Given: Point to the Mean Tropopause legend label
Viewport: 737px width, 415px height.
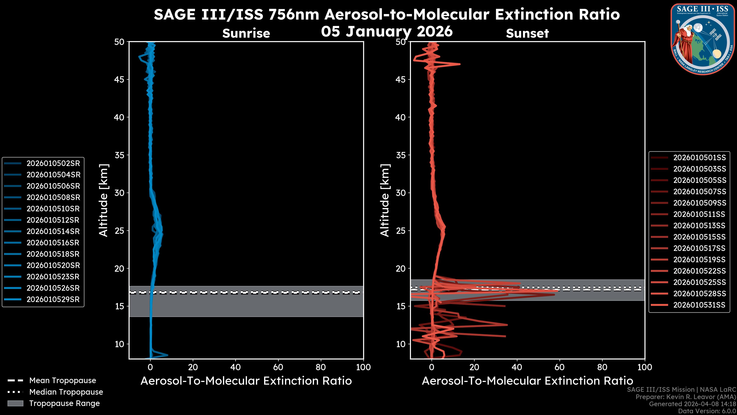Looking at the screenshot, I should click(x=63, y=380).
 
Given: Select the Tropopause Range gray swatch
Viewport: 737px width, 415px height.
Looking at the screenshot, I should click(x=15, y=403).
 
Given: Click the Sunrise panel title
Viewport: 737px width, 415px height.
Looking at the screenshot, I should click(x=246, y=33).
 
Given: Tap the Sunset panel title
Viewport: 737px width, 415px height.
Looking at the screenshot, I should click(x=527, y=33).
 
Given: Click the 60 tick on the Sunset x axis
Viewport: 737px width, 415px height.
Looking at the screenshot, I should click(x=559, y=367).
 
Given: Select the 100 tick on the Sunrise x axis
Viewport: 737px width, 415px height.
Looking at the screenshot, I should click(x=363, y=367).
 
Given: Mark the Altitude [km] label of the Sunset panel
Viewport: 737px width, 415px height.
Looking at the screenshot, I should click(x=385, y=200).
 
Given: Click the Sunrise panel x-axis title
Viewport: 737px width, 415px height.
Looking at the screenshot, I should click(x=246, y=381).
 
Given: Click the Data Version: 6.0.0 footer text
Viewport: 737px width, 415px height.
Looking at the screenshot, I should click(x=707, y=411).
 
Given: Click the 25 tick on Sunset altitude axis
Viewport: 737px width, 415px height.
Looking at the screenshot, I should click(x=401, y=231).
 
